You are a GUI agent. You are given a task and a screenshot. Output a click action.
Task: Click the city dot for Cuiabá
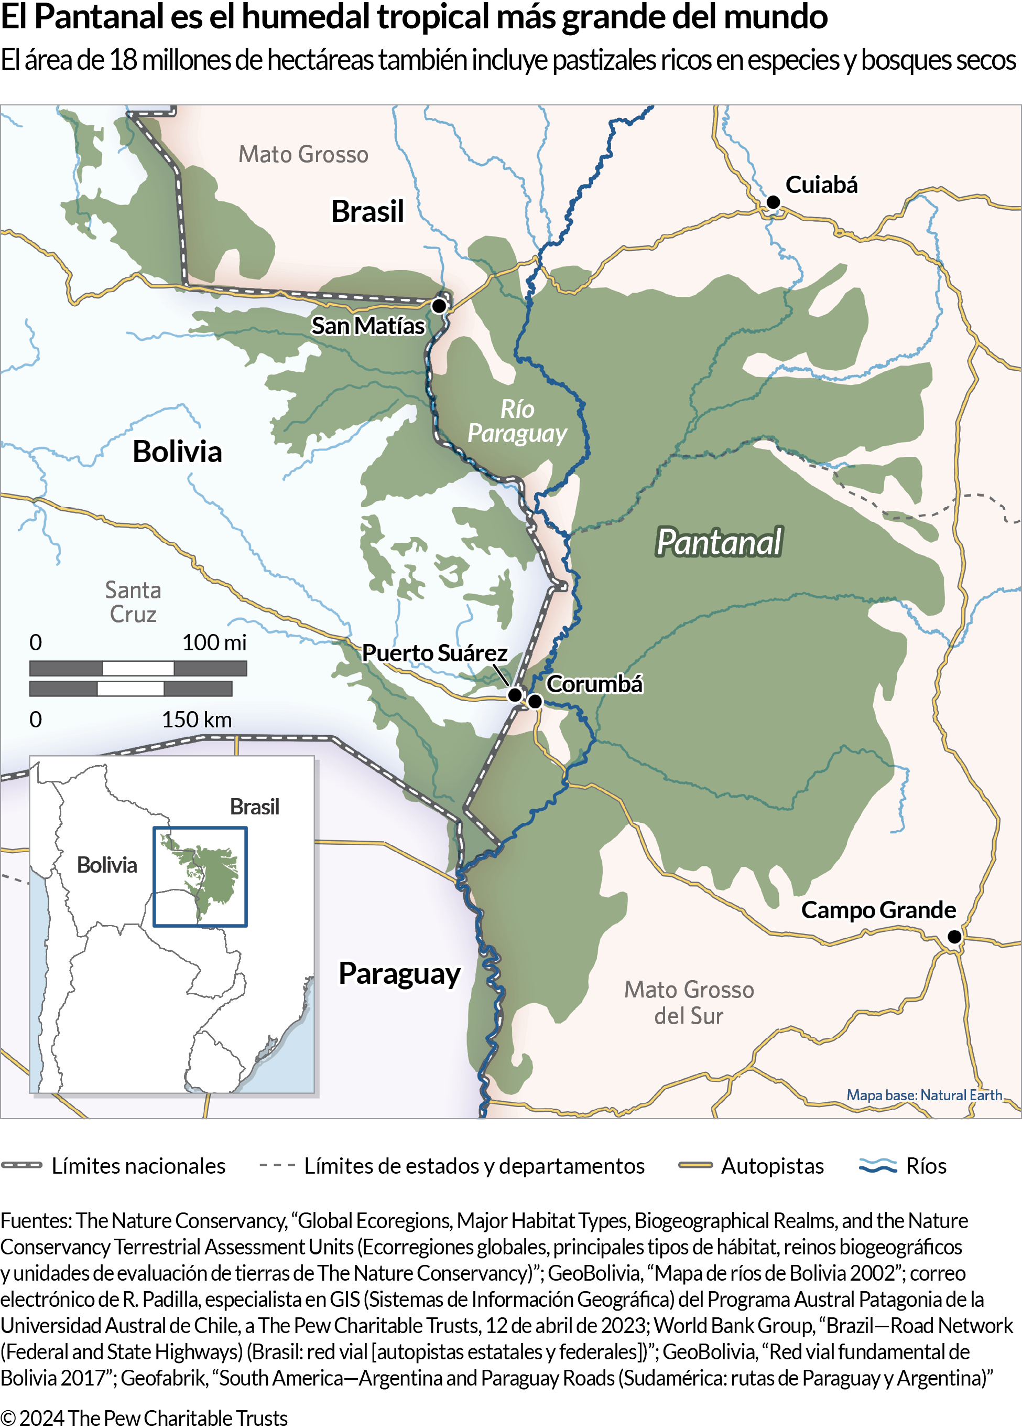click(773, 202)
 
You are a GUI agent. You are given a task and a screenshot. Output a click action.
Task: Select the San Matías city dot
click(439, 305)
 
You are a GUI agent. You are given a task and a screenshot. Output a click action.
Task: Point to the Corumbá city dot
click(535, 701)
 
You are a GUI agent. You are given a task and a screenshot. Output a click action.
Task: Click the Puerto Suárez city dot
click(515, 694)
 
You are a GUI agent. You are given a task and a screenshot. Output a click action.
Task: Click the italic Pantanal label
click(719, 542)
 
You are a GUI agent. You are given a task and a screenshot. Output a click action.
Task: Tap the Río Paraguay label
click(517, 421)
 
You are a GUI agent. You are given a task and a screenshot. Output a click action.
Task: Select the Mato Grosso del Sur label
click(689, 1002)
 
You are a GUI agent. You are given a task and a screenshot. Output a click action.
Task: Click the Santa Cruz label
click(133, 602)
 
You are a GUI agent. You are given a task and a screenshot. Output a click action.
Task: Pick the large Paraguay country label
click(399, 973)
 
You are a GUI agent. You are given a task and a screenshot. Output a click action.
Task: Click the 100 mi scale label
click(214, 642)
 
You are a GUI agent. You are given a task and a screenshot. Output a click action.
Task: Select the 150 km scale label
click(197, 719)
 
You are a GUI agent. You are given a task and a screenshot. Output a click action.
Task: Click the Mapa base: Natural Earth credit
click(924, 1095)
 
